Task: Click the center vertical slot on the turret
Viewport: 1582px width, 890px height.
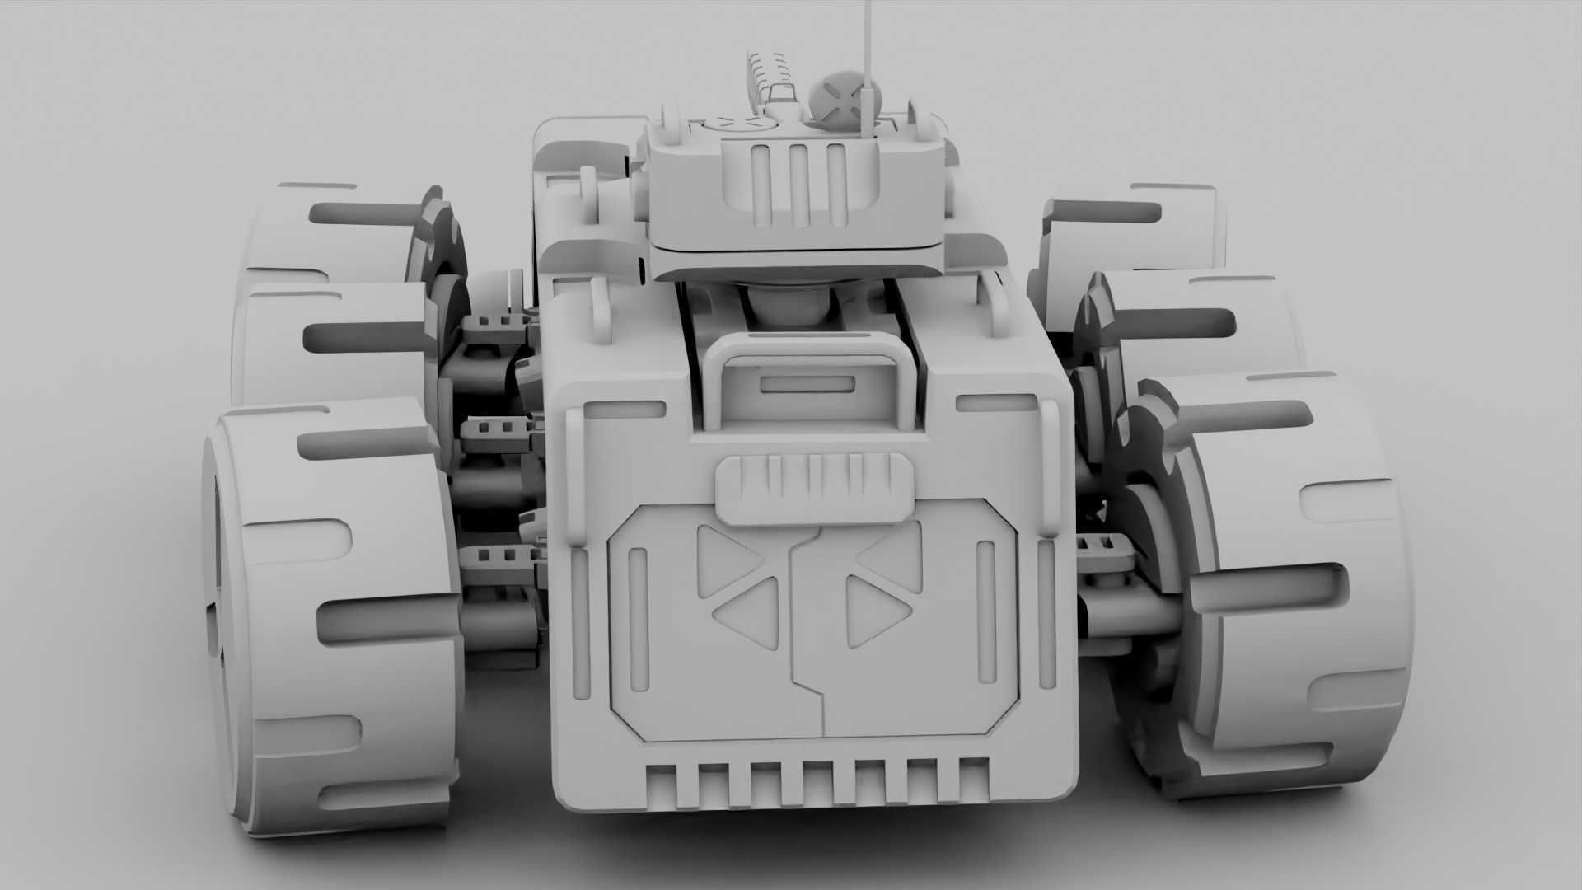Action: pyautogui.click(x=797, y=185)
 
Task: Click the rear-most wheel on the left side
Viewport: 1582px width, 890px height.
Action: pyautogui.click(x=330, y=231)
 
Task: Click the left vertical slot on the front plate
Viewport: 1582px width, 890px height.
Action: pyautogui.click(x=637, y=606)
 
